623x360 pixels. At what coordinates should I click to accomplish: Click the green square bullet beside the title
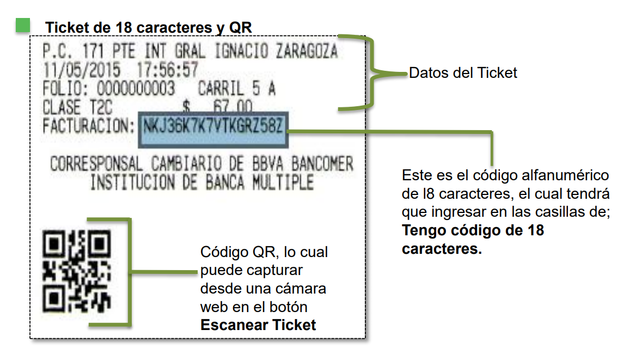tap(23, 25)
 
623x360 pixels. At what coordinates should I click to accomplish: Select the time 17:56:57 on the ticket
tap(167, 71)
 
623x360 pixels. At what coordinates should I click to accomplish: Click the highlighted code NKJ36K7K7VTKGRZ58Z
tap(213, 127)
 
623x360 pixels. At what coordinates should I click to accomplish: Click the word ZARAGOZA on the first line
tap(307, 52)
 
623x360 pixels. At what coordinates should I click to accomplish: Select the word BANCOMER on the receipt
tap(322, 164)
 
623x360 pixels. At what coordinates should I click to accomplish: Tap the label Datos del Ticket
tap(463, 73)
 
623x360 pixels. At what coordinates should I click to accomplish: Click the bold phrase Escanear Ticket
tap(258, 325)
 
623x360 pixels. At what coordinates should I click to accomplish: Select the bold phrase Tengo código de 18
tap(473, 230)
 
